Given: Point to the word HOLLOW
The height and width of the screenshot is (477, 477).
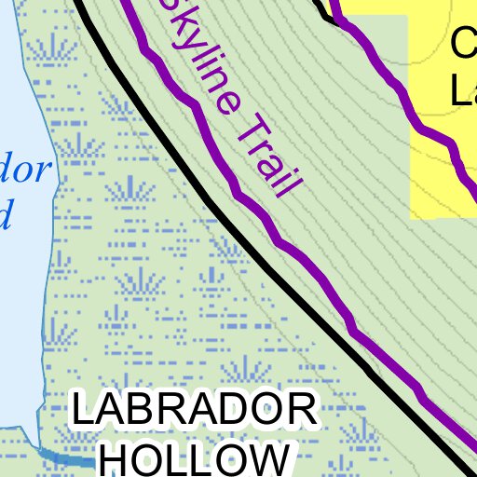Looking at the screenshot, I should point(194,458).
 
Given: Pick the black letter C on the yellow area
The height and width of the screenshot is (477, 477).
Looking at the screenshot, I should point(463,43).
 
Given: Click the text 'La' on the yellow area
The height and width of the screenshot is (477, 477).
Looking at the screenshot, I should point(463,90).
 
